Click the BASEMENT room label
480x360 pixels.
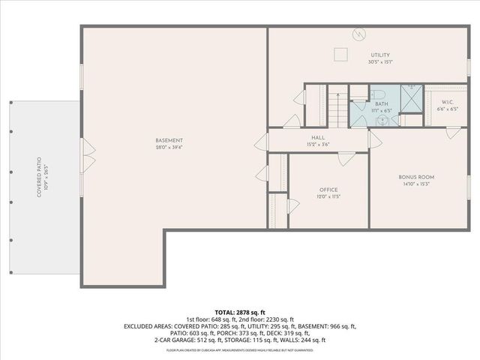[x=169, y=140]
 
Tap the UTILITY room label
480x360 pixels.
[x=379, y=55]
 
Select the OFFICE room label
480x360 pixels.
[x=328, y=190]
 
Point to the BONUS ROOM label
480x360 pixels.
[x=416, y=177]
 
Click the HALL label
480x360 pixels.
[x=318, y=137]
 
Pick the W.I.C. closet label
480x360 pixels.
[x=448, y=102]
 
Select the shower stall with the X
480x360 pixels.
[x=411, y=98]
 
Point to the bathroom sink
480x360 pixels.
[x=383, y=118]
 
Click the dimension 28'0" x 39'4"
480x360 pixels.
[x=169, y=148]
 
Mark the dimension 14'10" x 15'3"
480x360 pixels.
[x=416, y=184]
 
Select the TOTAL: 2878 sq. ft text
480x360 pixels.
[x=240, y=311]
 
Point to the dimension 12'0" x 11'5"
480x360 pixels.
[x=328, y=196]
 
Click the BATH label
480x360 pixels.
[x=381, y=104]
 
